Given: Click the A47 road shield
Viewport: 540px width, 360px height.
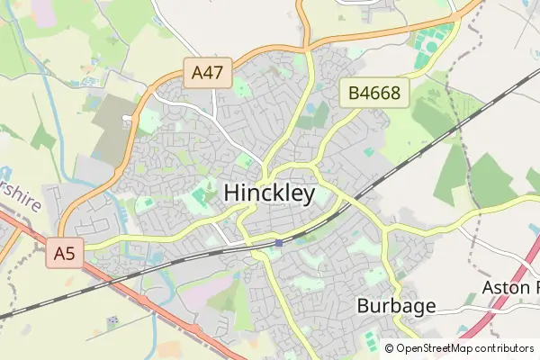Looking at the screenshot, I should pos(209,72).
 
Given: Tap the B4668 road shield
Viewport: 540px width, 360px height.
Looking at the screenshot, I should pos(374,93).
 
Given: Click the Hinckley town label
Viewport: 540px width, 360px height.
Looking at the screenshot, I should pos(268,193).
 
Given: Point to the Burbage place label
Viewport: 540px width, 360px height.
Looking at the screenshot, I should pos(396,305).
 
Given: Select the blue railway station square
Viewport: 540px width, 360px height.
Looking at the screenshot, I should pos(279,242).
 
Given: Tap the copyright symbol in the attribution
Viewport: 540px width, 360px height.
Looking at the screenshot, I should pos(389,348).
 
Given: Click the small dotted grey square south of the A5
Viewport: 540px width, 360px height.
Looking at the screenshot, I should pos(112,320).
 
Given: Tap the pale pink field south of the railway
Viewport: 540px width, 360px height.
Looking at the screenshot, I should pos(202,288).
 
